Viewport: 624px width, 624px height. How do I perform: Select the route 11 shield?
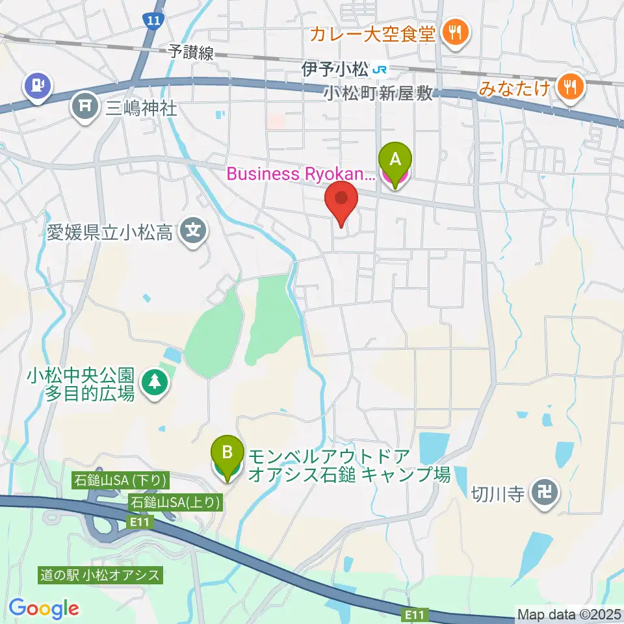click(x=153, y=21)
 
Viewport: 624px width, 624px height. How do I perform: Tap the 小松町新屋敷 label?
click(x=378, y=94)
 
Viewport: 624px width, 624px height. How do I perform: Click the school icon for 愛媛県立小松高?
click(x=193, y=231)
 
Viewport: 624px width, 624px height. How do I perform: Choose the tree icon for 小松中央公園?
click(x=155, y=383)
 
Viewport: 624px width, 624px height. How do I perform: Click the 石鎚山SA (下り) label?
click(x=122, y=480)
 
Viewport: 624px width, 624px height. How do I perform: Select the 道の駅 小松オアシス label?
click(x=99, y=575)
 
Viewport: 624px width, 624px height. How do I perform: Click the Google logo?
click(x=44, y=608)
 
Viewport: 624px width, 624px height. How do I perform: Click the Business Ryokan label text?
click(x=300, y=174)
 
